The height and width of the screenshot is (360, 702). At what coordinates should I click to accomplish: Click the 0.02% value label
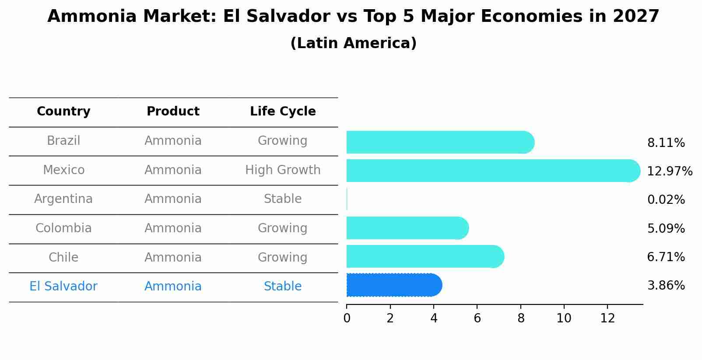[x=666, y=200]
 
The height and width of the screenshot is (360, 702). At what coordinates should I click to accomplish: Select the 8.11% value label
[x=666, y=143]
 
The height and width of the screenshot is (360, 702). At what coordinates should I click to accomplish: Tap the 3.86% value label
[x=666, y=286]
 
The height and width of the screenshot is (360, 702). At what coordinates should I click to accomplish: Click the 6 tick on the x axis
[x=477, y=318]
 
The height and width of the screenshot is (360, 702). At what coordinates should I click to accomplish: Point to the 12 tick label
[x=607, y=318]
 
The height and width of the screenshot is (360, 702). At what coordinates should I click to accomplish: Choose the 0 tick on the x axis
[x=347, y=318]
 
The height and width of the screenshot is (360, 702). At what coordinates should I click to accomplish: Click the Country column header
[x=63, y=112]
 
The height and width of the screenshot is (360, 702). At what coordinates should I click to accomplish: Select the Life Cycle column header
[x=283, y=112]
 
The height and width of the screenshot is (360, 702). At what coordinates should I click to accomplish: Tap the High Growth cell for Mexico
[x=283, y=170]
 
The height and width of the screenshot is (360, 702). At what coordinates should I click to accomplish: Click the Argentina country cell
[x=63, y=199]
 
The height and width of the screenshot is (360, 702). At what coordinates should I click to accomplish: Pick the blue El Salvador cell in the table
[x=63, y=287]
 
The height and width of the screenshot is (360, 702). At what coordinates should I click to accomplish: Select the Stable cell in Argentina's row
[x=283, y=199]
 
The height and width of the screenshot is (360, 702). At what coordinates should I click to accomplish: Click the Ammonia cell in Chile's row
[x=173, y=257]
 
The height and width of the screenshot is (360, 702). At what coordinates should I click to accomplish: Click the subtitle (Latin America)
[x=353, y=43]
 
